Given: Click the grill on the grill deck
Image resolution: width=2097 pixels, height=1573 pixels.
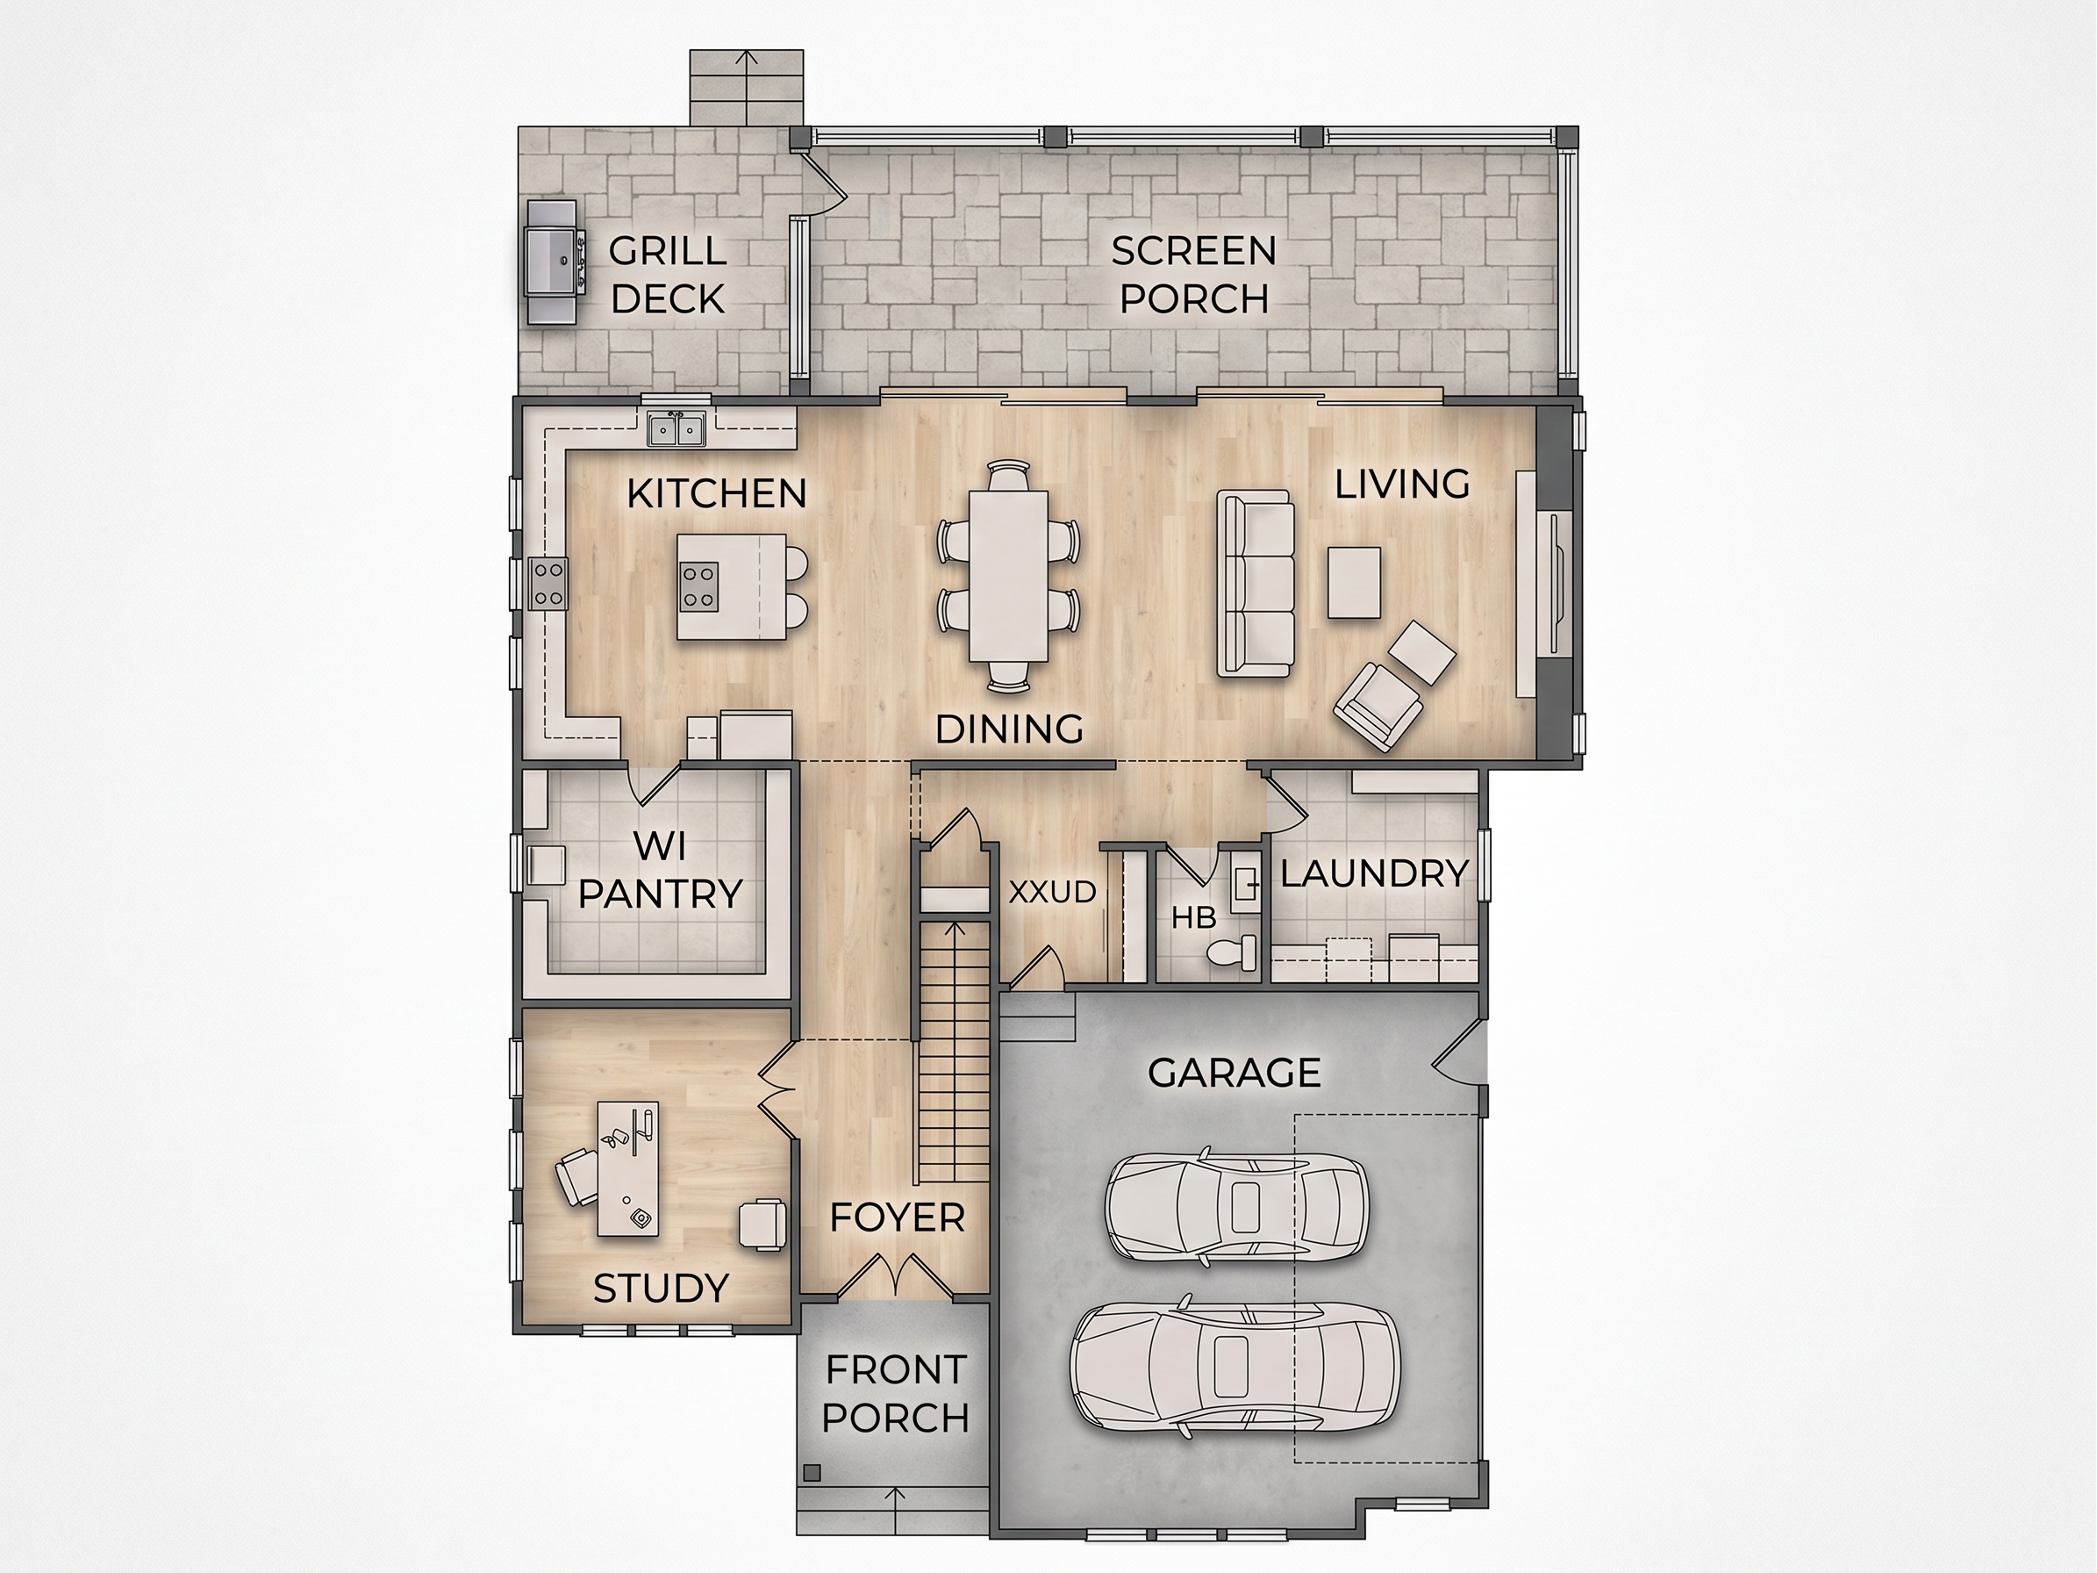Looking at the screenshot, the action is [x=552, y=262].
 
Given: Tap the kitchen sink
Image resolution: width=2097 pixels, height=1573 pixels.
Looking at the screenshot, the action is [x=676, y=428].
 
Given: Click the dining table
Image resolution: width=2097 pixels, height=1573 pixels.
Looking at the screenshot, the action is [x=1008, y=576].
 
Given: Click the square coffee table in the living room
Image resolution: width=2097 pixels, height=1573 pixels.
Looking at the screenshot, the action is [x=1354, y=582].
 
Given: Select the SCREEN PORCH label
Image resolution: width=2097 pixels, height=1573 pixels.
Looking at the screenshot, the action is [x=1193, y=275].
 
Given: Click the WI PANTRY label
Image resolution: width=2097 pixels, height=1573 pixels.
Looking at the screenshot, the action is [x=660, y=870].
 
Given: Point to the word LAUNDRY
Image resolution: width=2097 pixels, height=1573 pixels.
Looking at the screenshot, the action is [x=1375, y=873].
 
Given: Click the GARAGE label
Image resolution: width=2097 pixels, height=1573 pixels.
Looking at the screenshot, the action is [x=1235, y=1074].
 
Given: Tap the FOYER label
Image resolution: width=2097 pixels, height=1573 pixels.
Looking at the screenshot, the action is [x=897, y=1218].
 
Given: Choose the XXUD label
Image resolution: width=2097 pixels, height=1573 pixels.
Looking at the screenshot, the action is [x=1052, y=892].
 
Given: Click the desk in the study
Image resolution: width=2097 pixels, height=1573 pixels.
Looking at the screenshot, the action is [x=628, y=1168].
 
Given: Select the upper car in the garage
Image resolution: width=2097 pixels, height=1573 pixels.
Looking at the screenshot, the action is [x=1236, y=1206].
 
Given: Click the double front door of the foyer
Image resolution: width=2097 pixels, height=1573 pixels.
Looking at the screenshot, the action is [x=895, y=1275].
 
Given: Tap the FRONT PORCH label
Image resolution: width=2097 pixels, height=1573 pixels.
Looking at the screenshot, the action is [x=895, y=1394].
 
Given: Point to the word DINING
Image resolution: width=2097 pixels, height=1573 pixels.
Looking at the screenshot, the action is [x=1009, y=729].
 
